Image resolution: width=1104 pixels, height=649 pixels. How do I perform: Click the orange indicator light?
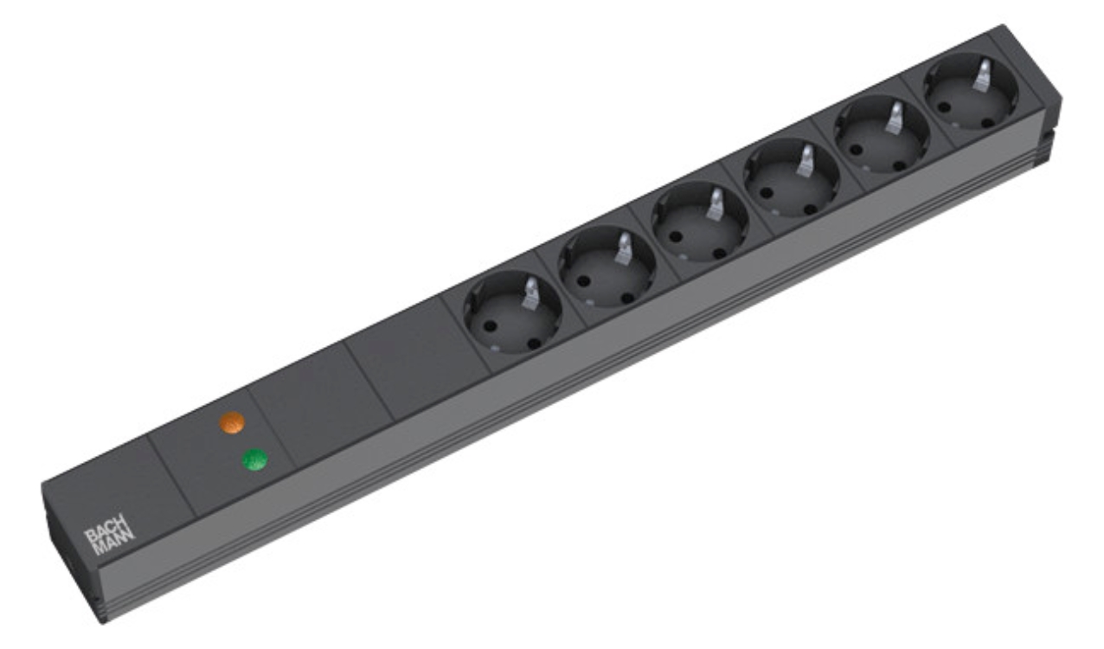232,422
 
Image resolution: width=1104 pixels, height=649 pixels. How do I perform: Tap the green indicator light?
255,459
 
